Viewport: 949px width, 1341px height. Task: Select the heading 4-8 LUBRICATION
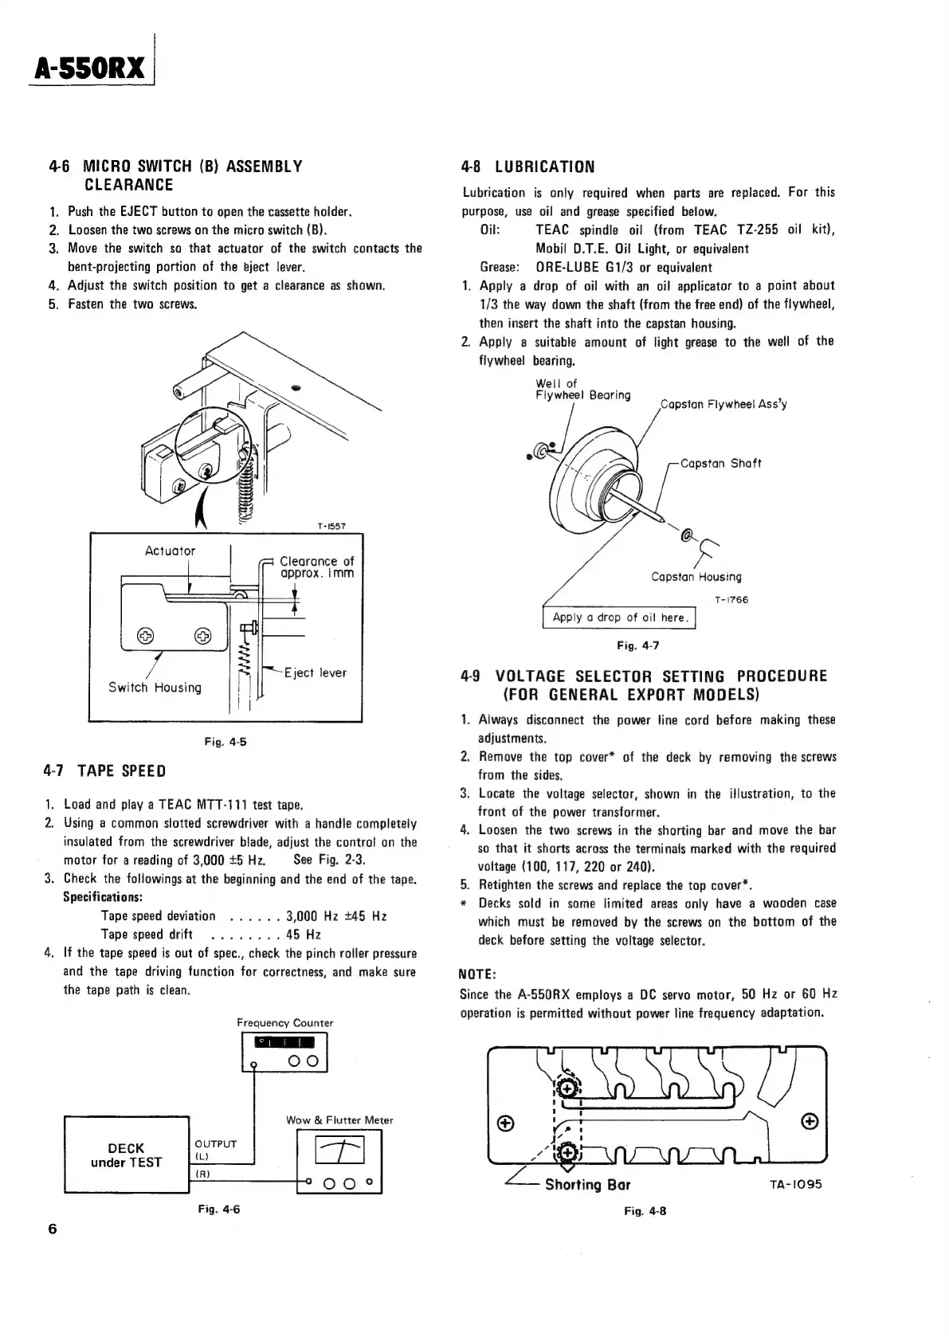click(x=528, y=167)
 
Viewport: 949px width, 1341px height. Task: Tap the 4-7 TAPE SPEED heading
click(x=105, y=770)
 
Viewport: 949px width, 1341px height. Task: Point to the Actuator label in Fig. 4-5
click(x=170, y=551)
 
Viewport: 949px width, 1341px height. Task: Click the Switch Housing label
click(x=155, y=687)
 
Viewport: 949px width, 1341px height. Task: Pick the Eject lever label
click(x=316, y=672)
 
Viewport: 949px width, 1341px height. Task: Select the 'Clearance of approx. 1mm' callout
click(x=316, y=567)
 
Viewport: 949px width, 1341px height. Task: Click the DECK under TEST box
click(x=126, y=1155)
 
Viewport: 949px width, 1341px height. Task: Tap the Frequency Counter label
click(x=284, y=1022)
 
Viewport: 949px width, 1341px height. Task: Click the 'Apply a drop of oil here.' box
click(x=619, y=618)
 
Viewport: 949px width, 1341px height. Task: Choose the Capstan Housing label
click(x=696, y=576)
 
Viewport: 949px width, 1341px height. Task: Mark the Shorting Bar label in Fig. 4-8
click(x=587, y=1184)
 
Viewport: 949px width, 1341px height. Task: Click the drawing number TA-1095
click(x=795, y=1184)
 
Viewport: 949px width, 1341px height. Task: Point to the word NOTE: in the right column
click(x=478, y=974)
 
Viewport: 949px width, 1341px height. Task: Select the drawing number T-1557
click(x=331, y=526)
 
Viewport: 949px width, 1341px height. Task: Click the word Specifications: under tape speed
click(x=103, y=897)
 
